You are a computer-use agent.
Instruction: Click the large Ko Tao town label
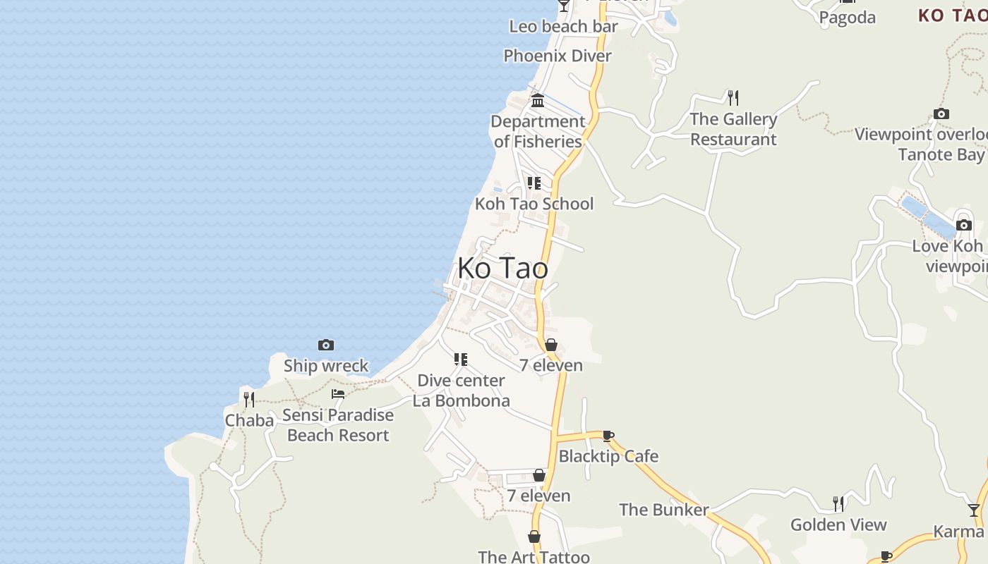502,269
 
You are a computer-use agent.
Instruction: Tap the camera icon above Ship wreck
326,345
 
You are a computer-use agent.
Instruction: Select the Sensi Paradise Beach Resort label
338,425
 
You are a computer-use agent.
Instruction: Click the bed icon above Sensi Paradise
338,394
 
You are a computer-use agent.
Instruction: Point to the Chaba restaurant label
249,421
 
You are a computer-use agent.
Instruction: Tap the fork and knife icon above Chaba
249,400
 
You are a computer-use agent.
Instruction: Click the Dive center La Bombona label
462,391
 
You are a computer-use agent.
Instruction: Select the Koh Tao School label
534,204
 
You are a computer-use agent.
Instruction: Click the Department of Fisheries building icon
538,100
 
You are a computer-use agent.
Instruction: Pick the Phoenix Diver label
558,56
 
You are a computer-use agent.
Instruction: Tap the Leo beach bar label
564,27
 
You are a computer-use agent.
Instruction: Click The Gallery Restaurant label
733,129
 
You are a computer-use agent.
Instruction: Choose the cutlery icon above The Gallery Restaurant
733,97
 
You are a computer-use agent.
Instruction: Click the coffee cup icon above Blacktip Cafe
608,436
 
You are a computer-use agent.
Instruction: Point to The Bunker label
664,510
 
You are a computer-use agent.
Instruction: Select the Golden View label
838,525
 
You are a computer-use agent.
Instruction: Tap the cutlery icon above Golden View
838,503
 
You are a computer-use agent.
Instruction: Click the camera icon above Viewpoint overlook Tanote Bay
941,114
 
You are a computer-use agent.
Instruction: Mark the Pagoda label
848,18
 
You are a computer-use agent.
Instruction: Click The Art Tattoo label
534,557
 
